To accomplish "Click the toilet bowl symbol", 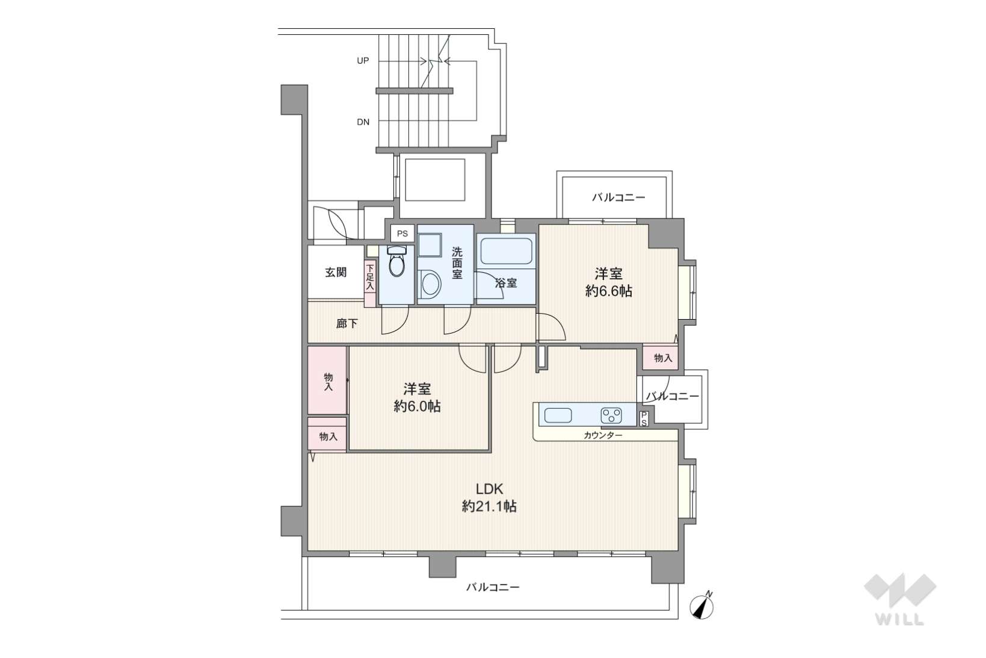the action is point(396,261).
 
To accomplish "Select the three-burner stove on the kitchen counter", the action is point(611,415).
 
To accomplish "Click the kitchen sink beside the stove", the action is point(558,415).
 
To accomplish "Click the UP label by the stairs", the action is point(363,61).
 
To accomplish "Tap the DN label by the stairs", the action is point(363,122).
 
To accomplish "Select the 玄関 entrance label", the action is point(336,272).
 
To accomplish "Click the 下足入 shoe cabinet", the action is point(370,283).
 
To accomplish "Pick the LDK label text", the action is point(489,488).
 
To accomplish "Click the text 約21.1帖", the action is point(489,506).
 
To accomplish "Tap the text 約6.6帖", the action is point(609,291).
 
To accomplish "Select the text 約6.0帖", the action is point(417,406).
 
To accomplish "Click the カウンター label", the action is point(603,436).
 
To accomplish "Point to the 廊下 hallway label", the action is point(347,324).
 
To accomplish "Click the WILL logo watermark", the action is point(900,600).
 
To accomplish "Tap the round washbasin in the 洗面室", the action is point(430,284).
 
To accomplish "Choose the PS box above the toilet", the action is point(402,234).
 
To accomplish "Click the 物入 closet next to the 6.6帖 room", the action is point(661,358).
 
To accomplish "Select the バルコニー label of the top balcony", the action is point(618,197).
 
